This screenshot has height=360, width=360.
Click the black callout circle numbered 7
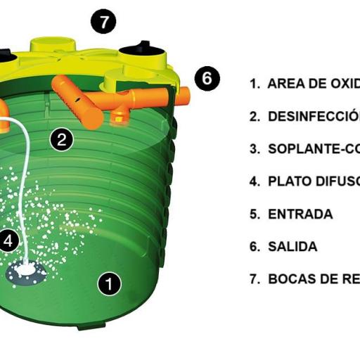click(103, 22)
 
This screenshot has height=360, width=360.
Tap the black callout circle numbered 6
click(207, 78)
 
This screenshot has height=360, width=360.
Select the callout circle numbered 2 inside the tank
click(62, 139)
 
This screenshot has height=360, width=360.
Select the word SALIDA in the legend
click(292, 247)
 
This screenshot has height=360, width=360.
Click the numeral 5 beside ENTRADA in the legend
click(254, 214)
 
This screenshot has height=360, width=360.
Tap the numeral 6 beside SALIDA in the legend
click(254, 247)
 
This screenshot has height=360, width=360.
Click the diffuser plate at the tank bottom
click(26, 271)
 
